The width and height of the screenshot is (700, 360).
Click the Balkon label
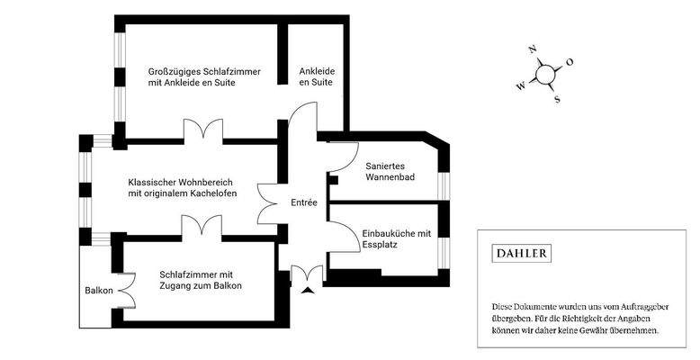pyautogui.click(x=98, y=292)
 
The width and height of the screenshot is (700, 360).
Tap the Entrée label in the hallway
pyautogui.click(x=303, y=203)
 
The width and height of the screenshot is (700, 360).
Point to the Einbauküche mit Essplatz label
pyautogui.click(x=397, y=238)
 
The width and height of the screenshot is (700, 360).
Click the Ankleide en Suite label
pyautogui.click(x=317, y=76)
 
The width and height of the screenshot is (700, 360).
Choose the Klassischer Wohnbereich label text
pyautogui.click(x=183, y=187)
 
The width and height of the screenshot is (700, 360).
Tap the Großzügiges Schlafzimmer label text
pyautogui.click(x=204, y=76)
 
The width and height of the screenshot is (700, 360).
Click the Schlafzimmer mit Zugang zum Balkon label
pyautogui.click(x=202, y=280)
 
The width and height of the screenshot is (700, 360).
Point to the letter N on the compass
pyautogui.click(x=533, y=50)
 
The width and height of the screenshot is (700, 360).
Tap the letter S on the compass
pyautogui.click(x=558, y=99)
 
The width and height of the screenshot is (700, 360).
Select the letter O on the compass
pyautogui.click(x=570, y=62)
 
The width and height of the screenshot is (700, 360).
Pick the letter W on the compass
pyautogui.click(x=520, y=87)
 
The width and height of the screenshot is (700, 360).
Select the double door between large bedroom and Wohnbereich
pyautogui.click(x=202, y=130)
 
